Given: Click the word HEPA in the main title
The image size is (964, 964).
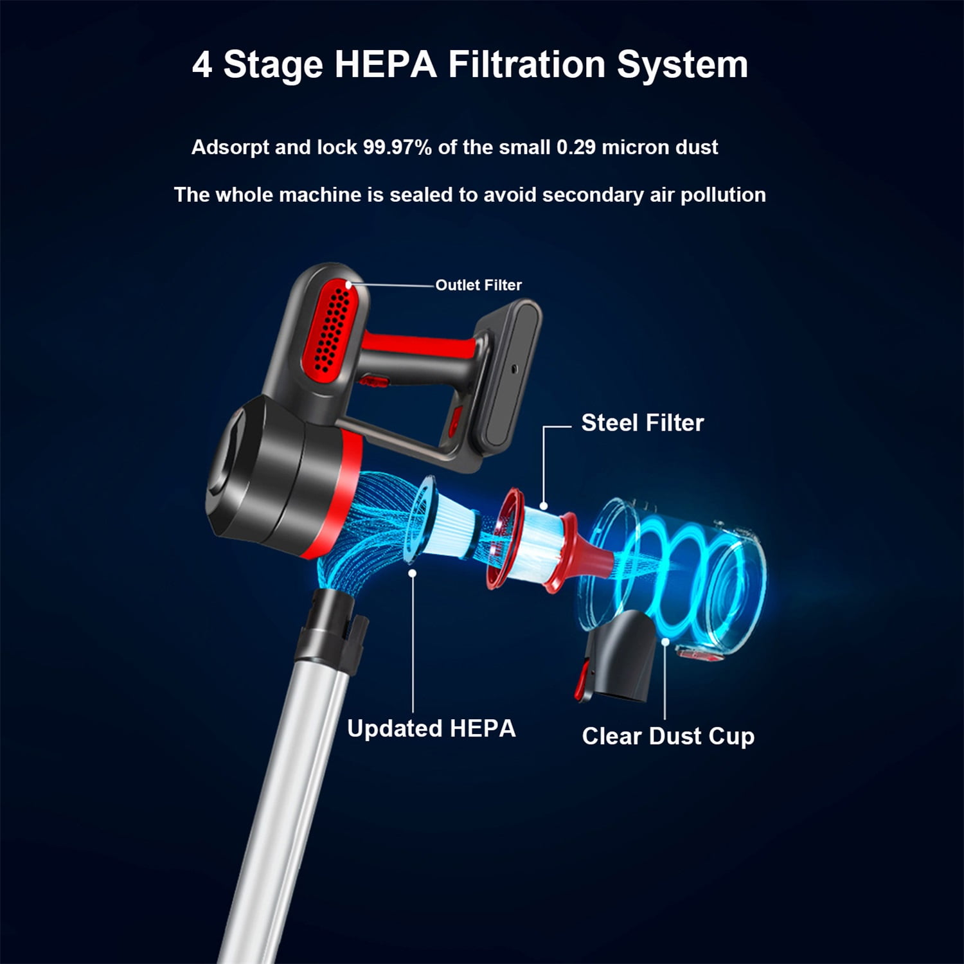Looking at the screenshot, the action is click(386, 64).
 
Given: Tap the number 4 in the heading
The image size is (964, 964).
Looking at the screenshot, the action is click(202, 65).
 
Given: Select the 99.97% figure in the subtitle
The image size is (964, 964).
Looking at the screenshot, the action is click(397, 147).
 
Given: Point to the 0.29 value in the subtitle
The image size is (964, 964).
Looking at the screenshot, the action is click(576, 147).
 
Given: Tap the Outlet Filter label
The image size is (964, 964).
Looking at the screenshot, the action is click(479, 285).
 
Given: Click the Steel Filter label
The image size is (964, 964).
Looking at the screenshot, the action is click(643, 423).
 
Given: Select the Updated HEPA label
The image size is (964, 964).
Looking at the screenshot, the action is click(431, 729).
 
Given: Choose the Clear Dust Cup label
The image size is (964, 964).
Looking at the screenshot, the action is click(668, 736).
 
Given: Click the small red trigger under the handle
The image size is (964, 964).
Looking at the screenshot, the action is click(374, 382).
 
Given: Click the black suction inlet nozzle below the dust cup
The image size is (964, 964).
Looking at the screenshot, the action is click(614, 656).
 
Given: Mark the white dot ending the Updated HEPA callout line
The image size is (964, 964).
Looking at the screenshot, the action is click(413, 573).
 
